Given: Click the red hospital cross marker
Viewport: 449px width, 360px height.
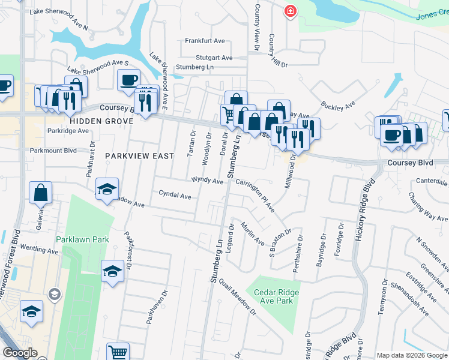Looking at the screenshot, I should [x=291, y=11].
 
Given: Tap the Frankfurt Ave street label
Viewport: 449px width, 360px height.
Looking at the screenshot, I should [x=205, y=41].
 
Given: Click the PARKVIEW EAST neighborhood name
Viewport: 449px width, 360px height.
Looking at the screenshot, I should [x=139, y=155].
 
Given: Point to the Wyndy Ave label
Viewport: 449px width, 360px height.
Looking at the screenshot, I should [x=207, y=179].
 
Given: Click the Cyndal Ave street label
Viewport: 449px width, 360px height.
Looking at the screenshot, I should [x=175, y=195].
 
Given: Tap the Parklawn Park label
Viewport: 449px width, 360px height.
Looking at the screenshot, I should [x=82, y=239].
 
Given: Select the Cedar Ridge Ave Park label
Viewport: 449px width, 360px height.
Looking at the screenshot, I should [x=276, y=296].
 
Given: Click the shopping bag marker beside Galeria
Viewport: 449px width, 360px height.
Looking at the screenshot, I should [x=41, y=193].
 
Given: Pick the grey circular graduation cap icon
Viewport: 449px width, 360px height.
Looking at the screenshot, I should [x=54, y=294].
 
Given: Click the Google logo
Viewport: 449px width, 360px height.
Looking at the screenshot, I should [x=20, y=353].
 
